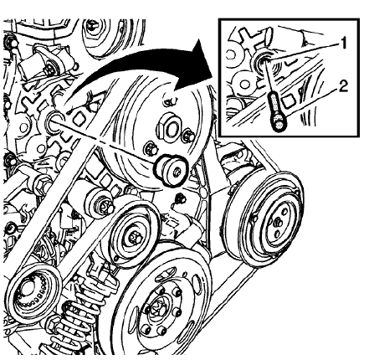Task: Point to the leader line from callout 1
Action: click(305, 49)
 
